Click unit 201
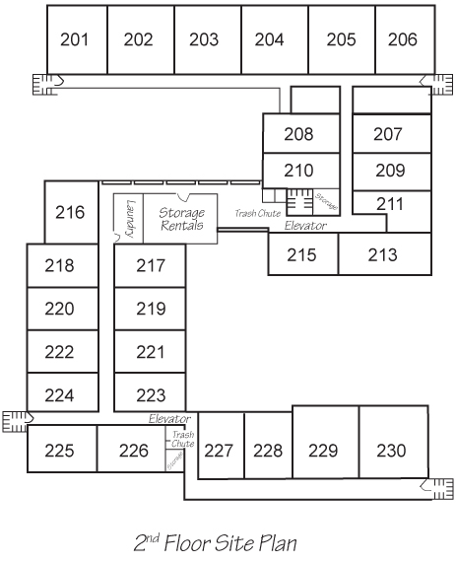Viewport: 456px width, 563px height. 77,39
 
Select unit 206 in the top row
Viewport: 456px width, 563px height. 406,39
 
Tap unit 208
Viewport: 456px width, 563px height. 301,133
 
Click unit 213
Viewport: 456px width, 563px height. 385,254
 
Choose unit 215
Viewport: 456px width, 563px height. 303,254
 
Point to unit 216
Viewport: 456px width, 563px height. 71,212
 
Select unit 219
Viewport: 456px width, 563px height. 150,309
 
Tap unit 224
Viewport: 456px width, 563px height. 63,392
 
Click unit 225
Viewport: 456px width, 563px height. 62,449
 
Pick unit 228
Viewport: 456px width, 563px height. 268,446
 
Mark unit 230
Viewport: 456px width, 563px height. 394,442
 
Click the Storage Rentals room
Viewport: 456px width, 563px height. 180,219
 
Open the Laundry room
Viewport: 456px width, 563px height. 128,219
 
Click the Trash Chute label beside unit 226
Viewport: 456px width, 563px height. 183,439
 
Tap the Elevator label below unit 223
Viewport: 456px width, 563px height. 169,419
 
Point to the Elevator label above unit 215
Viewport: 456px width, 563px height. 305,226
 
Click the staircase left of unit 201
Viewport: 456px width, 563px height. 45,85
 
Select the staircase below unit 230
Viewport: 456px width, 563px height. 437,489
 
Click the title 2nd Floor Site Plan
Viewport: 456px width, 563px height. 216,542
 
